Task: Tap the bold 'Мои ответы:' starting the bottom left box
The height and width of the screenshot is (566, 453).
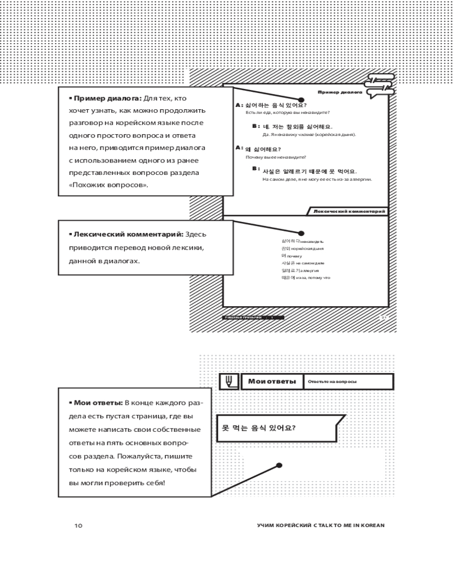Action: point(95,402)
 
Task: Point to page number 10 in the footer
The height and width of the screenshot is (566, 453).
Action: point(78,525)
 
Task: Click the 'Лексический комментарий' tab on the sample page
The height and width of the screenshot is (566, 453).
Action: point(349,211)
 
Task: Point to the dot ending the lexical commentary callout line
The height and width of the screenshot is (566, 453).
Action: point(301,233)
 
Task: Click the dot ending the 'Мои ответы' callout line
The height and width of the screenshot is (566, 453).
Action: point(279,466)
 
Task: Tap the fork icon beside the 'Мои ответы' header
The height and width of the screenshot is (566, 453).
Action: point(229,381)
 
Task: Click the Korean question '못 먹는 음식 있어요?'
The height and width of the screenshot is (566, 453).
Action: point(258,428)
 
